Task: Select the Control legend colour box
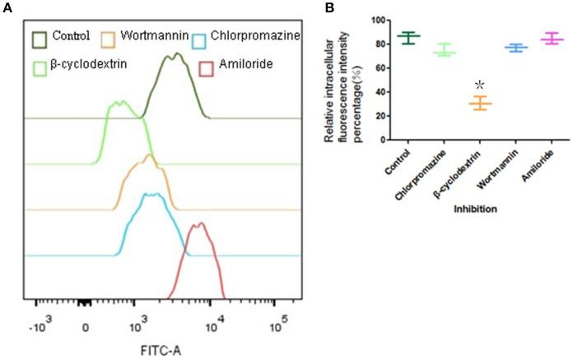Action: (x=40, y=38)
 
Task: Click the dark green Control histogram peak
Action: (x=175, y=55)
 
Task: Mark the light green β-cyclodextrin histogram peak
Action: (x=119, y=102)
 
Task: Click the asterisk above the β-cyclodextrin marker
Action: (x=478, y=86)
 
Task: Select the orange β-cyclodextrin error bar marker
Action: (x=479, y=103)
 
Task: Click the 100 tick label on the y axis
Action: (x=357, y=19)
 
